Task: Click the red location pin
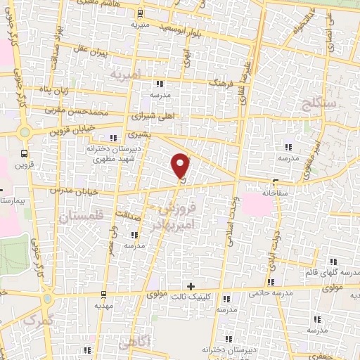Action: (181, 166)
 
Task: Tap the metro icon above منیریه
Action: (141, 13)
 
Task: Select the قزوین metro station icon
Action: (25, 153)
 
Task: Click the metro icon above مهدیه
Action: (103, 294)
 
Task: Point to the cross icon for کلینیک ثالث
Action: (190, 285)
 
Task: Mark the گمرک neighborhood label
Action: (38, 320)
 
